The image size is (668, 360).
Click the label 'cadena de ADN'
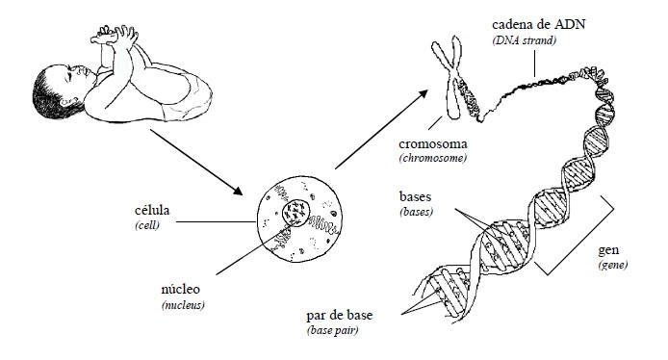[538, 24]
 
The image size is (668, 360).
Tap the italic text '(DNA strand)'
[524, 40]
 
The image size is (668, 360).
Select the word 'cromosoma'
[433, 143]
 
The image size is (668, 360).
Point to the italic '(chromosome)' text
[433, 159]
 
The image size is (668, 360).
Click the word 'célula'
[152, 210]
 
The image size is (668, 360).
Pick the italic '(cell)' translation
[147, 225]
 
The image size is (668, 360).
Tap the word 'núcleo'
[180, 289]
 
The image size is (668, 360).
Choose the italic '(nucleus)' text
[183, 305]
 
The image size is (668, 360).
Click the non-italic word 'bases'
[415, 196]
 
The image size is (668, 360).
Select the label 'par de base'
[340, 316]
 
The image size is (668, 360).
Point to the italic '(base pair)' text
[332, 330]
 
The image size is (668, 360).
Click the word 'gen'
[608, 250]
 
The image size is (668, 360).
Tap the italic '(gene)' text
[613, 265]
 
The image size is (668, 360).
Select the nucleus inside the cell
[295, 213]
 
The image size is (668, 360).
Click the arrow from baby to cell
[196, 162]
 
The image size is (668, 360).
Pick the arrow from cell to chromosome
[381, 129]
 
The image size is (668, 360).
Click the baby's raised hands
[115, 36]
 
